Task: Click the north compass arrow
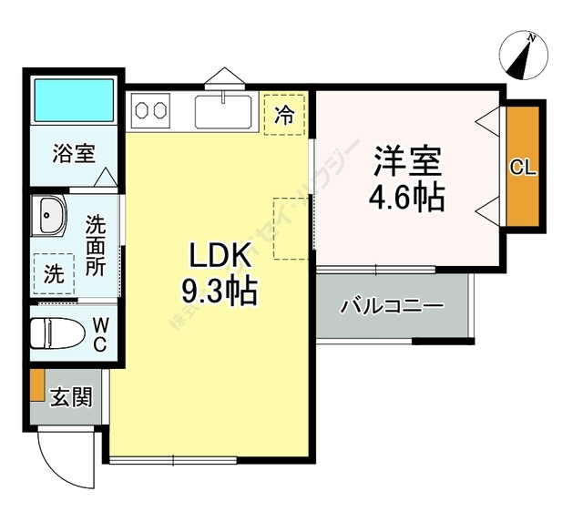pos(524,56)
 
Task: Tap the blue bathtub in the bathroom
pos(73,101)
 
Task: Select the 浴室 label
pos(73,153)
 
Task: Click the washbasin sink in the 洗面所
pos(49,217)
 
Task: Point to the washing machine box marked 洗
pos(51,271)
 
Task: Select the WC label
pos(99,334)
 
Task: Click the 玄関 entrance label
pos(70,397)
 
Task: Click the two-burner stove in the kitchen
pos(151,111)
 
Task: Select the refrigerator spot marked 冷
pos(285,115)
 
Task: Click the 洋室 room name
pos(407,160)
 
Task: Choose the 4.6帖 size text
pos(407,197)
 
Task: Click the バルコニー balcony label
pos(392,306)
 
